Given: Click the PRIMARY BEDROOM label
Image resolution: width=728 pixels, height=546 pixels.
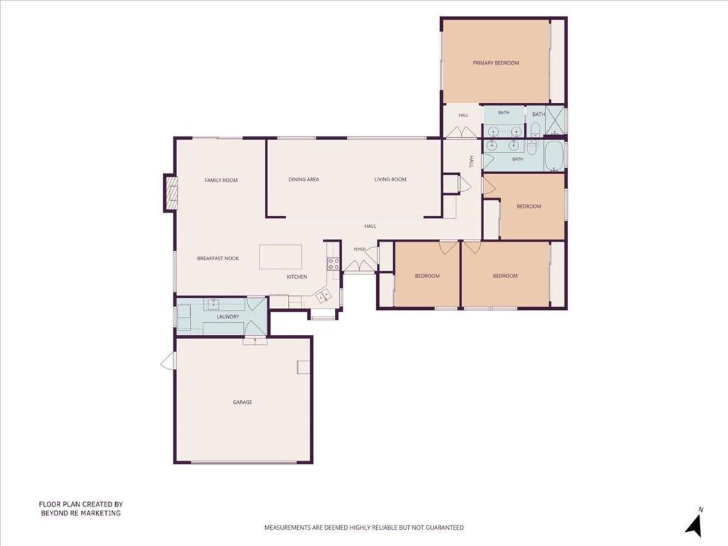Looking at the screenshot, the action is click(496, 63).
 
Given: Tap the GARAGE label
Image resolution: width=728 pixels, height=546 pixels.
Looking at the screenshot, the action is click(242, 402).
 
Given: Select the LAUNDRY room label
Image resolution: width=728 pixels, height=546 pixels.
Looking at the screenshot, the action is click(227, 316).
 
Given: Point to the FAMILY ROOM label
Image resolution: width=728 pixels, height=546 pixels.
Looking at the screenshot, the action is click(221, 180).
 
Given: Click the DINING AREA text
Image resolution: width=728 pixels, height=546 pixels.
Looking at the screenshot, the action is click(304, 179).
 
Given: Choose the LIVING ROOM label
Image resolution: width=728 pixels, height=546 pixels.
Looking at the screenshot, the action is click(390, 179).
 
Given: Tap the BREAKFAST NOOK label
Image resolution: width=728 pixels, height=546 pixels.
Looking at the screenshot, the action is click(218, 258).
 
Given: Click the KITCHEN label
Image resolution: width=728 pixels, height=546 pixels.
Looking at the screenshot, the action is click(296, 277).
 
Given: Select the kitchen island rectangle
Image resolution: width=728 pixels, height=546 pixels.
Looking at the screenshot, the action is click(280, 257).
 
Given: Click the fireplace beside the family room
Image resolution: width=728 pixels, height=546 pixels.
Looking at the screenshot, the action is click(170, 193).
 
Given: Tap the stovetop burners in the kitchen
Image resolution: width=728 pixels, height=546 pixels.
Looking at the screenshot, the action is click(333, 264).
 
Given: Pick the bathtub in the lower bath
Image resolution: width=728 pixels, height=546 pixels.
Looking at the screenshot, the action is click(553, 156).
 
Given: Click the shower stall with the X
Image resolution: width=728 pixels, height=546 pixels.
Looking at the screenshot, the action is click(555, 120).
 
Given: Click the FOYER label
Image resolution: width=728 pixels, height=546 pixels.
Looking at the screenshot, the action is click(359, 250).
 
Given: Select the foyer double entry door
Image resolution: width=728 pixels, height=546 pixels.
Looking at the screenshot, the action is click(358, 267).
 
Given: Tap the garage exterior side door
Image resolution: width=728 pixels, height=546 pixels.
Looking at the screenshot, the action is click(168, 360).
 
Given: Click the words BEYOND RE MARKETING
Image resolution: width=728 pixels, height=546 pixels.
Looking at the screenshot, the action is click(81, 513).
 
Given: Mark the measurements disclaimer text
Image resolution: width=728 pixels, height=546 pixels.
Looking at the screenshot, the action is click(364, 528).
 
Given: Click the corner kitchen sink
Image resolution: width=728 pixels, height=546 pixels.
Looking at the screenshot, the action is click(323, 296).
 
